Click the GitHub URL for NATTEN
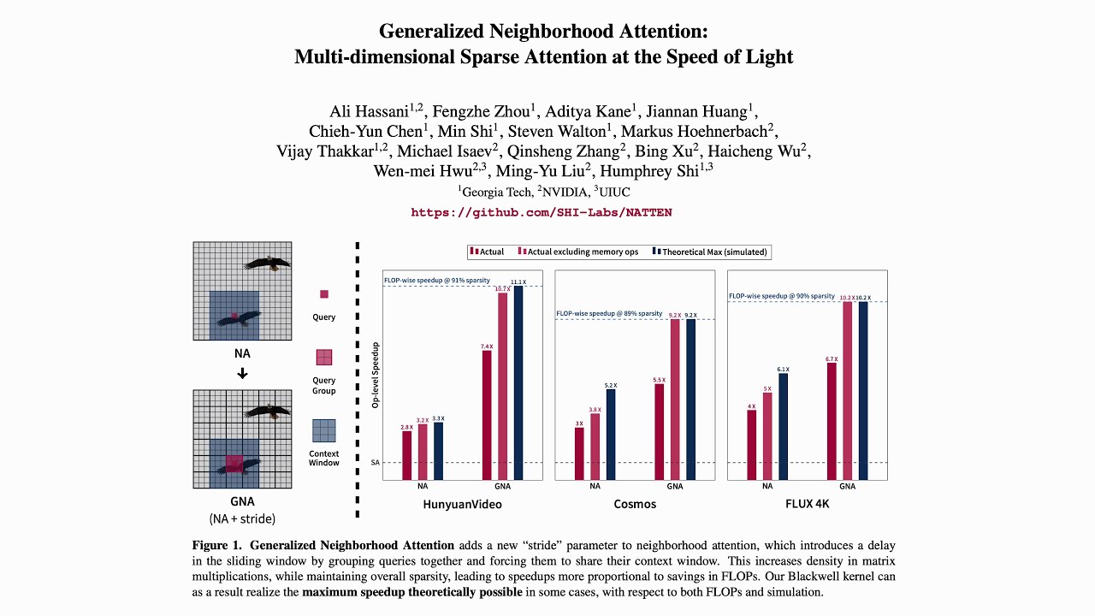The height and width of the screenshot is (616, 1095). pyautogui.click(x=541, y=212)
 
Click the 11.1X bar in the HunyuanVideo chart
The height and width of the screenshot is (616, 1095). pyautogui.click(x=518, y=382)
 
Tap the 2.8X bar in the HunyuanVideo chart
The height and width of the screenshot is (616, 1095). pyautogui.click(x=407, y=455)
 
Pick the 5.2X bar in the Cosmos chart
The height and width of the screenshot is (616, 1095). pyautogui.click(x=610, y=435)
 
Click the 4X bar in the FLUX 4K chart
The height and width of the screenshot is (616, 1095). pyautogui.click(x=751, y=445)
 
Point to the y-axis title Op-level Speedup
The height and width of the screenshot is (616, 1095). pyautogui.click(x=375, y=375)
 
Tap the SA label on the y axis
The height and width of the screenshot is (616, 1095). pyautogui.click(x=375, y=463)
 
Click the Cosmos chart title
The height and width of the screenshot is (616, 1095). pyautogui.click(x=635, y=504)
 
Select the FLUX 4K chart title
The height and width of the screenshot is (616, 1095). pyautogui.click(x=807, y=504)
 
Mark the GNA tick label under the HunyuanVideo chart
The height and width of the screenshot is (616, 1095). pyautogui.click(x=502, y=487)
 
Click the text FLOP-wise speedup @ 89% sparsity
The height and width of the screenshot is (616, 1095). pyautogui.click(x=609, y=314)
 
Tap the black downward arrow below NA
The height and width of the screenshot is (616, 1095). pyautogui.click(x=242, y=373)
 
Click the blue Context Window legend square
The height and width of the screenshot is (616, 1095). pyautogui.click(x=324, y=430)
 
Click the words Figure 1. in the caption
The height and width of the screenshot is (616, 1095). pyautogui.click(x=218, y=546)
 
